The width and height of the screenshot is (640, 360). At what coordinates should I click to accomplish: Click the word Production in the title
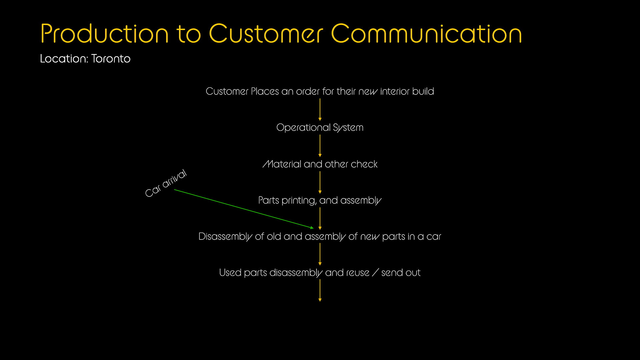point(104,34)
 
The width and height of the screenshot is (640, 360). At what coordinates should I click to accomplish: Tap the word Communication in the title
point(427,34)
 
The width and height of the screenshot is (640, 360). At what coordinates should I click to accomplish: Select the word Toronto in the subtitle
point(111,59)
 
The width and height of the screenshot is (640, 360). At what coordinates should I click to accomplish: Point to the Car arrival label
point(166,183)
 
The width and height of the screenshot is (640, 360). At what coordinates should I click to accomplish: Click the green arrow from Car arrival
point(244,209)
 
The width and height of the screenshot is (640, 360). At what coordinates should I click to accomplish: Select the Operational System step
point(320,127)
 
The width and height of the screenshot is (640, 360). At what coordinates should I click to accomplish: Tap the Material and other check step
point(320,164)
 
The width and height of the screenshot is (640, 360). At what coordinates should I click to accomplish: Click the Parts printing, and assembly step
point(320,200)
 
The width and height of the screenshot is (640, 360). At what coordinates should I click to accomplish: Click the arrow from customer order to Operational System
point(320,109)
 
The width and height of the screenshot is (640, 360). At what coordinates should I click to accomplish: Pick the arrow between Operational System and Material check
point(320,146)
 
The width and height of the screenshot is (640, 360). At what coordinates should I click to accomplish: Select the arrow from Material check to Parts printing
point(320,183)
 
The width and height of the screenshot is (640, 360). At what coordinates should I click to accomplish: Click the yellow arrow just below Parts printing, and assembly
point(320,219)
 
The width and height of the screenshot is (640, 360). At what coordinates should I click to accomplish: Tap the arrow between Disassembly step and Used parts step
point(320,254)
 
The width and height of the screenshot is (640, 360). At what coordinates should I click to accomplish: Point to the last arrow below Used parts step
point(320,291)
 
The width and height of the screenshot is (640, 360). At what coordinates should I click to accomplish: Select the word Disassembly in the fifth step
point(225,237)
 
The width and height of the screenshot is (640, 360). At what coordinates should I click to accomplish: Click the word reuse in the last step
point(358,273)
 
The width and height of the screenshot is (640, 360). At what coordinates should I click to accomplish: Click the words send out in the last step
point(401,273)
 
